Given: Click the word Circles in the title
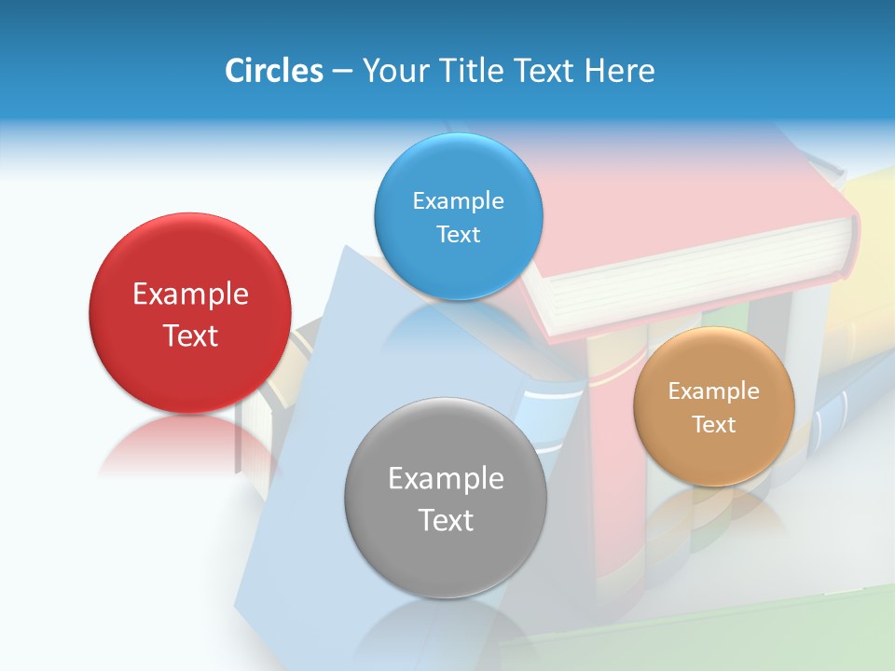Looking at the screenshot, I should point(274,71).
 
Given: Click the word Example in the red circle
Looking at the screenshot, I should point(190,294).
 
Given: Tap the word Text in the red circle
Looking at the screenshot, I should point(190,335).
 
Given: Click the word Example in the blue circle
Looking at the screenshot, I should point(458,200).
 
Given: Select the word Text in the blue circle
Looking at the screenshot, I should point(458,234).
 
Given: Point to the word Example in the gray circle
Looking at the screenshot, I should point(446,478).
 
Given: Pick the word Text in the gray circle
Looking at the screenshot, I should point(446,520).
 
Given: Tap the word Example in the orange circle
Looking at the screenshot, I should point(714,390).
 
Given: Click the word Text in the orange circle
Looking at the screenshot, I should point(714,425).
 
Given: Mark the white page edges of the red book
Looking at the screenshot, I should point(699,280).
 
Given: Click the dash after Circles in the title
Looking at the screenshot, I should point(341,72).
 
